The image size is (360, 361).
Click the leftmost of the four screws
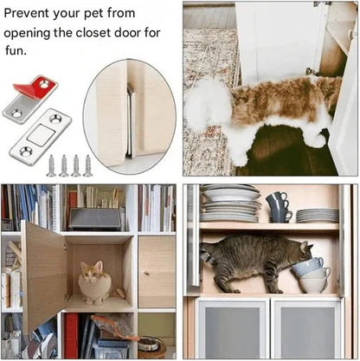[x=51, y=164]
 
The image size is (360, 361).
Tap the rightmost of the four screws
[x=87, y=164]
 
